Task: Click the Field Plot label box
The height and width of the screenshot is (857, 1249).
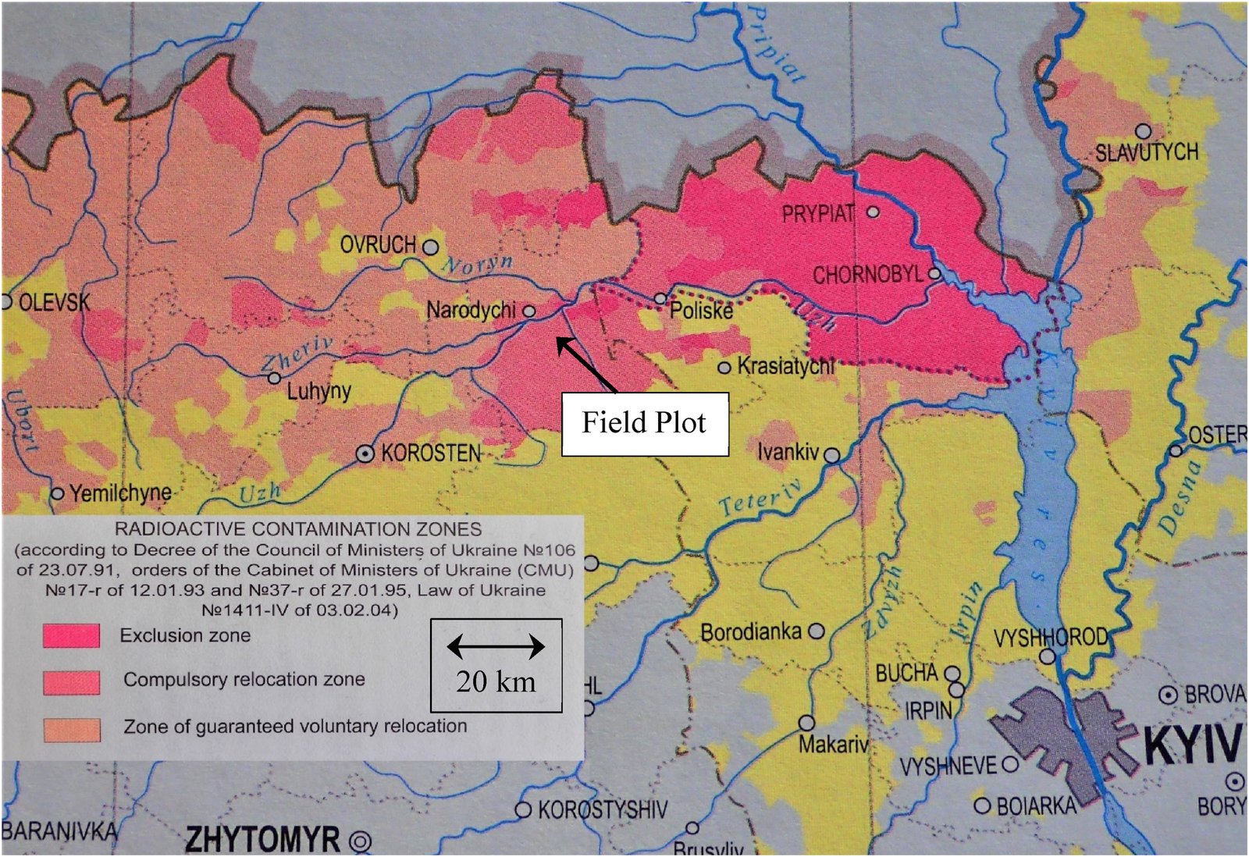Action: tap(645, 424)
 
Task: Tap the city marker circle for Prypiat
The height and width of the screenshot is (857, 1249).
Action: tap(873, 212)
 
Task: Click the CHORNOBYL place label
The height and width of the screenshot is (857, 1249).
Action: tap(867, 276)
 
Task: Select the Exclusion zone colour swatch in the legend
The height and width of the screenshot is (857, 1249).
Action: tap(72, 636)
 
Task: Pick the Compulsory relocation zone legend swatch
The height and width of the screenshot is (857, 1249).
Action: tap(72, 682)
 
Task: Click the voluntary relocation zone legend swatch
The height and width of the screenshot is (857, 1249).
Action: tap(72, 730)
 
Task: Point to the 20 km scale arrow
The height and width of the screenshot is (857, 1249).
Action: tap(496, 646)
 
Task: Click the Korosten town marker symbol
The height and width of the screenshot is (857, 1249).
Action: tap(365, 453)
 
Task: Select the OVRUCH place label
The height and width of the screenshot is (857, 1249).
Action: tap(378, 245)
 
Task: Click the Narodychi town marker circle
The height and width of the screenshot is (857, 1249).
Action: tap(528, 311)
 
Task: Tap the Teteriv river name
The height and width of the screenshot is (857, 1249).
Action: tap(760, 497)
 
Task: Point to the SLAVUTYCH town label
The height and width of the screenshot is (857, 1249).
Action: tap(1146, 152)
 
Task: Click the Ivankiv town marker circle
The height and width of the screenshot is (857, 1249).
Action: tap(832, 454)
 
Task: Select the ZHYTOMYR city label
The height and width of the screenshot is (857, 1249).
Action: tap(262, 840)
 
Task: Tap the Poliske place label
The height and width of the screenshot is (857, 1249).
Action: tap(702, 311)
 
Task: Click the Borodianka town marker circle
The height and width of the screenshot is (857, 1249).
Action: tap(816, 631)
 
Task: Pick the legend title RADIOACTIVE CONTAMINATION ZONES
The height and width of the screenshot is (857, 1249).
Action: tap(297, 529)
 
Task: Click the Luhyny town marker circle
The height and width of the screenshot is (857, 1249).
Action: tap(274, 378)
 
